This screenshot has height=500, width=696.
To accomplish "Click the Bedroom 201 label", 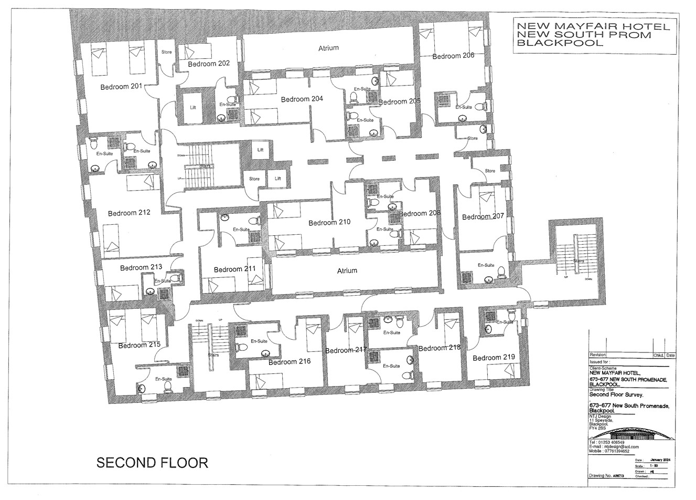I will click(x=122, y=87).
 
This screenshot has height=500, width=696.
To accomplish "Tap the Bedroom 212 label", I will click(x=129, y=213).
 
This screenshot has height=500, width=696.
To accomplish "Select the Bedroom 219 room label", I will click(x=494, y=358).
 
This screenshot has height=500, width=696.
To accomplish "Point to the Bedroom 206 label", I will click(x=453, y=56).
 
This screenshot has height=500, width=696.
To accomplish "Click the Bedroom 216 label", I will click(x=290, y=361).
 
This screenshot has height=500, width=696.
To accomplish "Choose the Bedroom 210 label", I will click(x=329, y=223).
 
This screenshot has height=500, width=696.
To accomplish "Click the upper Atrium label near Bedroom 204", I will click(x=328, y=48).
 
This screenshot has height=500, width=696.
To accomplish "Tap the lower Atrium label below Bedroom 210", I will click(x=347, y=270).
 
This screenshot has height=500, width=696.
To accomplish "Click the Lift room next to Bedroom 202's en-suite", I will click(x=193, y=108).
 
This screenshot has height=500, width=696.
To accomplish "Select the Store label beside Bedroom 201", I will click(x=166, y=52).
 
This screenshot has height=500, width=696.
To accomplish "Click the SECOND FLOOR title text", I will click(x=152, y=463).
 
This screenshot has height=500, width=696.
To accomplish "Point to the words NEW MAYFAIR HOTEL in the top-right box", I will click(x=593, y=27).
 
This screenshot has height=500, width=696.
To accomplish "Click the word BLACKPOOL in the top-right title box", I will click(x=560, y=43).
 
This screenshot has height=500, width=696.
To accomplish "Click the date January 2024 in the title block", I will click(x=660, y=460).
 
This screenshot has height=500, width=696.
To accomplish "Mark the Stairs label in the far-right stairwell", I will click(x=578, y=261).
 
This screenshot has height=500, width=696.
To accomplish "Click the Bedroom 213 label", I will click(x=141, y=268).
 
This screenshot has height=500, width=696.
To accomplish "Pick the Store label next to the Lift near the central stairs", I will click(x=254, y=179).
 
